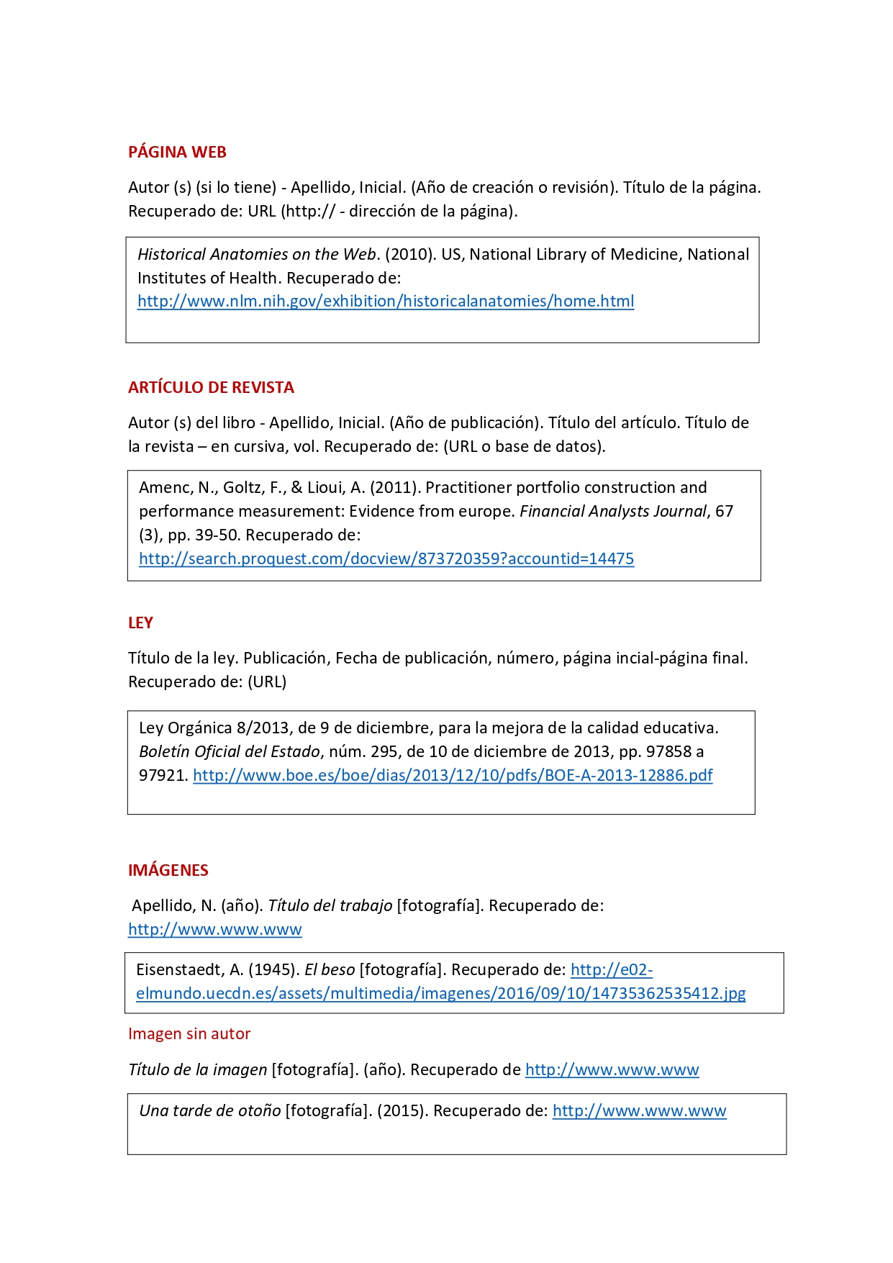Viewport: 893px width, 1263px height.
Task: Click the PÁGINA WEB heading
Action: point(177,152)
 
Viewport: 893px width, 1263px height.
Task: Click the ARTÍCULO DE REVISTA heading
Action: point(211,387)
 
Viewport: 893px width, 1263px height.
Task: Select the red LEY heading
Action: point(140,623)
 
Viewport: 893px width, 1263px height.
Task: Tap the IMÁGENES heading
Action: point(168,870)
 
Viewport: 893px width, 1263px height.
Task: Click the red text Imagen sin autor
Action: point(189,1033)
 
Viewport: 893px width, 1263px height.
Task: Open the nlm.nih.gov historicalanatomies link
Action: point(386,301)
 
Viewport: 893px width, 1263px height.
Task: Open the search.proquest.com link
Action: point(386,558)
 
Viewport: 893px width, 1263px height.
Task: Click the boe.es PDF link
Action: point(453,775)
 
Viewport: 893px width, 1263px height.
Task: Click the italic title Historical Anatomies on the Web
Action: point(257,254)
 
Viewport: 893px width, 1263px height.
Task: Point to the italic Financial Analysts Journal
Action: point(613,511)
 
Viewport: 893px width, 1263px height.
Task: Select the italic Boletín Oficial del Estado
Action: point(229,751)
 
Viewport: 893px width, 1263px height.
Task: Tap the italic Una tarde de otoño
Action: point(209,1110)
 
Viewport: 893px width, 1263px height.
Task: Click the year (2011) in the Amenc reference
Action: point(395,487)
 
